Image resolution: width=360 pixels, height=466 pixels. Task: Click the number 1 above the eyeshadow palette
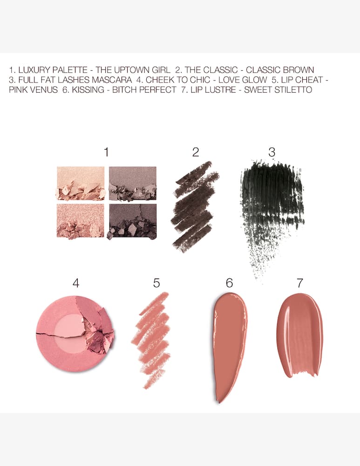[107, 152]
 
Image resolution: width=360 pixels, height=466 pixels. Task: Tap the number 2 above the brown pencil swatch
[196, 152]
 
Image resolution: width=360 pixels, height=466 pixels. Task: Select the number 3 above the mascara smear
[272, 152]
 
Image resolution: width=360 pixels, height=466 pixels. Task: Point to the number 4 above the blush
[76, 283]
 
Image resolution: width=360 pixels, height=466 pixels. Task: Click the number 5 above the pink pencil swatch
[156, 283]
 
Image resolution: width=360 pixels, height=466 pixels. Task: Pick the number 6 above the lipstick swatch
[229, 283]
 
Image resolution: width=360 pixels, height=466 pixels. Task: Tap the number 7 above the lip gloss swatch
[300, 283]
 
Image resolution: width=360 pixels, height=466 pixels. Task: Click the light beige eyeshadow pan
[81, 183]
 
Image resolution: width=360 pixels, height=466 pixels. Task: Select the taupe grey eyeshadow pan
[133, 183]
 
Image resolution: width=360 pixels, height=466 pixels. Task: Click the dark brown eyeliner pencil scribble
[194, 205]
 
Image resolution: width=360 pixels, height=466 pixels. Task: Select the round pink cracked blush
[75, 333]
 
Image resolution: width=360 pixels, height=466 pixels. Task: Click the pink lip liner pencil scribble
[151, 338]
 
